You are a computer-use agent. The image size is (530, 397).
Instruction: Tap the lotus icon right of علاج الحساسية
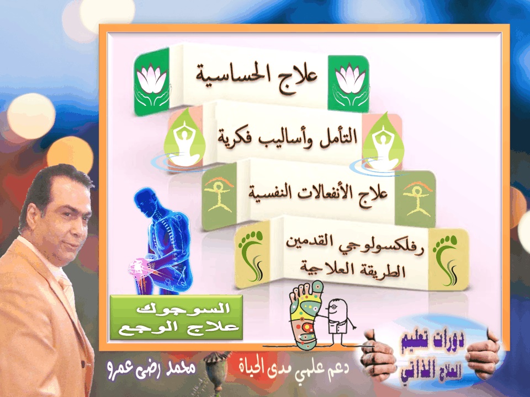349,84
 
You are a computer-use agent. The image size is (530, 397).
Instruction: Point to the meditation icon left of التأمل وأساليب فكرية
184,140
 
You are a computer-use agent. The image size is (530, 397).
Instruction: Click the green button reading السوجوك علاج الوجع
177,318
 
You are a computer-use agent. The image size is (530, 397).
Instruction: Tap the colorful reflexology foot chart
305,315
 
